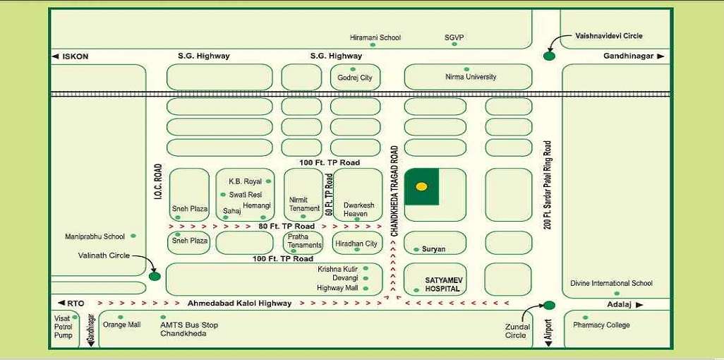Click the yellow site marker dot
tap(421, 187)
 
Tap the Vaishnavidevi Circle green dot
tap(550, 56)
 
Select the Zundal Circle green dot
tap(550, 305)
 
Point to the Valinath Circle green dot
tap(155, 276)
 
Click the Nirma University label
tap(471, 77)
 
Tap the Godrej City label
tap(355, 78)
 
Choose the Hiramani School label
tap(375, 37)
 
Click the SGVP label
tap(454, 37)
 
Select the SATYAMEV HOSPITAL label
tap(442, 284)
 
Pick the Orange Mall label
tap(122, 325)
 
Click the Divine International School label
tap(611, 284)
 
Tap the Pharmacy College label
tap(601, 325)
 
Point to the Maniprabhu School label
tap(95, 236)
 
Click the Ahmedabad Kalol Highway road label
tap(239, 304)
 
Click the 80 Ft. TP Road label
tap(286, 227)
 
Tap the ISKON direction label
tap(75, 56)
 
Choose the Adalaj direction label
tap(621, 305)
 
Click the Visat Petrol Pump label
tap(64, 327)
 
